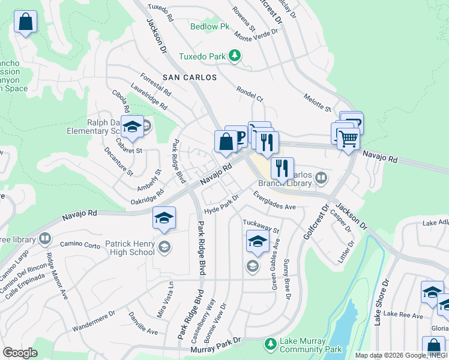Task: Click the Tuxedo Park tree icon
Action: click(x=235, y=57)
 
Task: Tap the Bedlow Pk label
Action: click(x=210, y=27)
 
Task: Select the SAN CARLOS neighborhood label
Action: click(x=189, y=78)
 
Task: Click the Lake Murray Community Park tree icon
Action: click(x=271, y=344)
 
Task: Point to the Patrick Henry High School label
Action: click(x=122, y=248)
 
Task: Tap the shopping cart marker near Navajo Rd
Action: click(x=348, y=139)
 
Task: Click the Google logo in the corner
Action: click(x=20, y=353)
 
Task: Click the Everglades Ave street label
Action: click(x=274, y=201)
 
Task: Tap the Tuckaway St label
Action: click(x=261, y=226)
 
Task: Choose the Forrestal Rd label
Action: click(x=155, y=86)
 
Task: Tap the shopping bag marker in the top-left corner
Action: click(x=25, y=23)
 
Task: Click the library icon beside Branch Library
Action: click(x=321, y=177)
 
